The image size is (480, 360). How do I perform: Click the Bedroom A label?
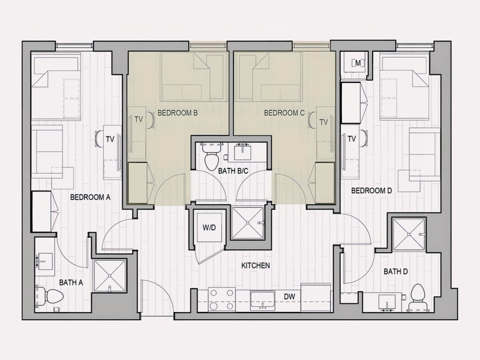click(x=90, y=197)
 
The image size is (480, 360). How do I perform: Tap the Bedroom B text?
click(x=178, y=113)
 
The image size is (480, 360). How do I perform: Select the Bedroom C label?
click(x=284, y=113)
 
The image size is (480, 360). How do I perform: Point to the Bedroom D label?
click(x=372, y=191)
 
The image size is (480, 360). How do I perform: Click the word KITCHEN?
click(x=256, y=266)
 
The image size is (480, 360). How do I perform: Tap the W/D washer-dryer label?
click(x=209, y=228)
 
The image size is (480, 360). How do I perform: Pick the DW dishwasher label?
click(x=290, y=297)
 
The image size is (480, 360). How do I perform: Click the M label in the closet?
click(x=358, y=63)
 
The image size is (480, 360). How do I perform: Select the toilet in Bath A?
click(x=50, y=296)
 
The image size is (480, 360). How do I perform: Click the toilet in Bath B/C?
click(x=212, y=157)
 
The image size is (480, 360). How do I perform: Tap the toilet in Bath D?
click(x=418, y=297)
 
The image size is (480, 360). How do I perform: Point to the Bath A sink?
click(x=45, y=262)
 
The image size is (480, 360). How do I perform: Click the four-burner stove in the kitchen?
click(x=222, y=300)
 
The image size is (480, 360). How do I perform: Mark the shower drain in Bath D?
click(x=409, y=234)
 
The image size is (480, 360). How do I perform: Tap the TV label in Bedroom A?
click(x=110, y=139)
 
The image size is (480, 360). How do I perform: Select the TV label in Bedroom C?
click(x=324, y=122)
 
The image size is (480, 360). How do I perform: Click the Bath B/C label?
click(x=233, y=171)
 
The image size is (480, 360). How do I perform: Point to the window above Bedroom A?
click(x=74, y=46)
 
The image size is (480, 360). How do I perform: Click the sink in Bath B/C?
click(x=242, y=153)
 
